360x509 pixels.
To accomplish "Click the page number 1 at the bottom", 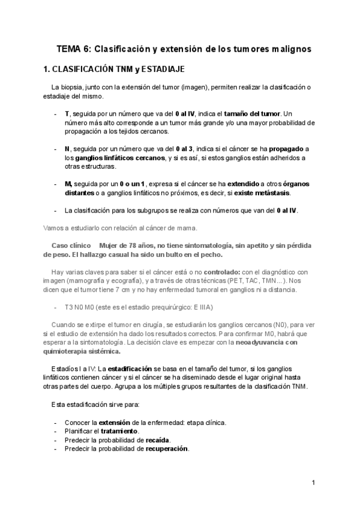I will coord(313,482).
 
